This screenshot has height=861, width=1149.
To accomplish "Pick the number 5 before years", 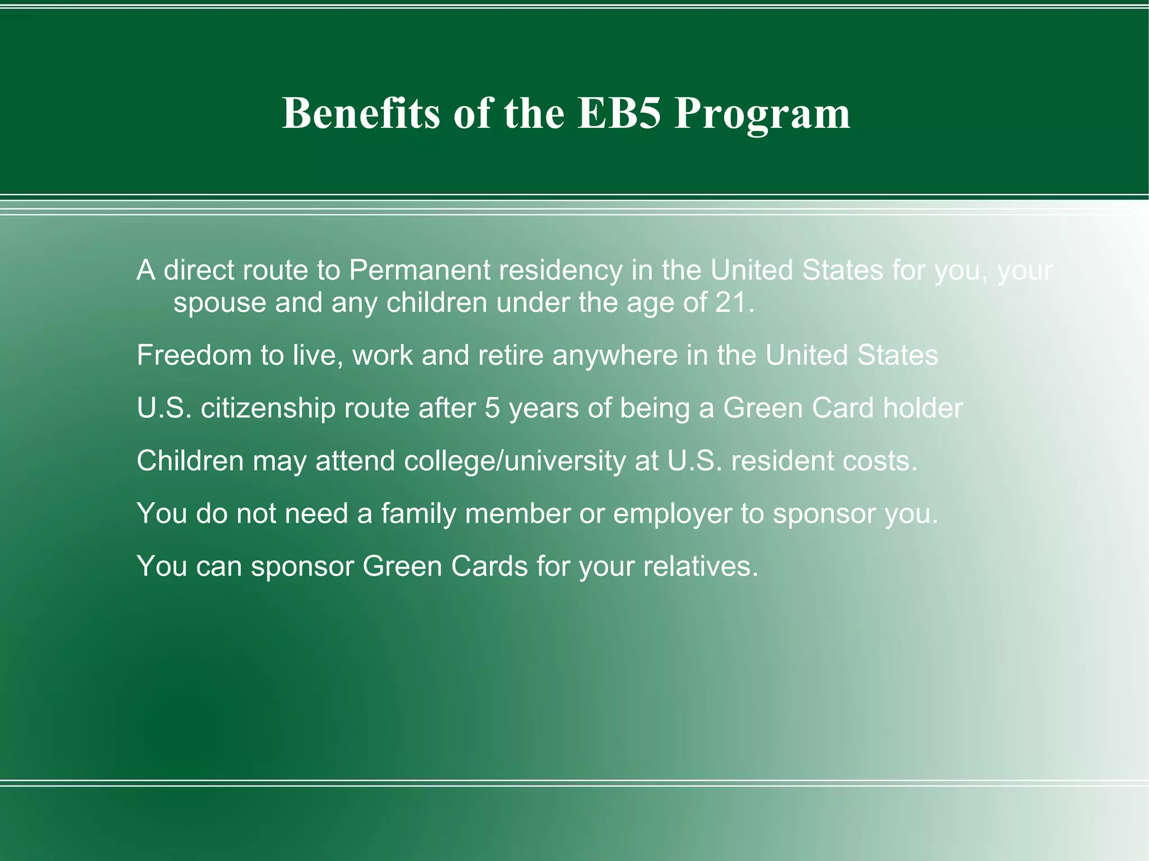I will pyautogui.click(x=492, y=408).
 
